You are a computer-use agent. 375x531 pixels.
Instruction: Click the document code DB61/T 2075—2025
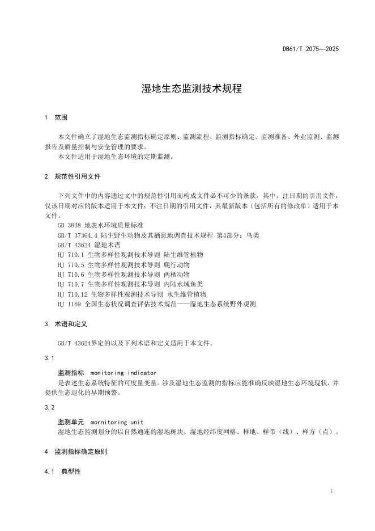(x=310, y=49)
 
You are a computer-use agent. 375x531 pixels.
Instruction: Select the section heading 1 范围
(x=56, y=118)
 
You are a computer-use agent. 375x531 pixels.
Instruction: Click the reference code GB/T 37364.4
(x=78, y=235)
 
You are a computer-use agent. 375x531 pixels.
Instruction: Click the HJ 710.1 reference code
(x=71, y=255)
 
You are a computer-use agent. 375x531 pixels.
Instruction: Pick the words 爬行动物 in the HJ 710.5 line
(x=176, y=265)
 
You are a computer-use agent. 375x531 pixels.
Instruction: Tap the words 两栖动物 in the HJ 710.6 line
(x=176, y=275)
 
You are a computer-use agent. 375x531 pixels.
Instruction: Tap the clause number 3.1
(x=49, y=359)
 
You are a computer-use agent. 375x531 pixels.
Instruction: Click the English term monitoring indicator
(x=123, y=373)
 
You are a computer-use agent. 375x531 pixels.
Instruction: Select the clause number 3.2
(x=49, y=407)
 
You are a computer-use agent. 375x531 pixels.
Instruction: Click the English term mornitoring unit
(x=117, y=422)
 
